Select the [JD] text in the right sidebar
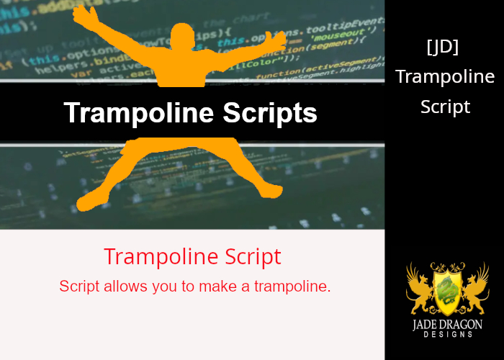click(444, 48)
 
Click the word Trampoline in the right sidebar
click(445, 76)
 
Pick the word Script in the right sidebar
click(445, 107)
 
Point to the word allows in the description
click(125, 287)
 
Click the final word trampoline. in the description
click(292, 287)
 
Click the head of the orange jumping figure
click(184, 35)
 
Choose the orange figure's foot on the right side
click(270, 190)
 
